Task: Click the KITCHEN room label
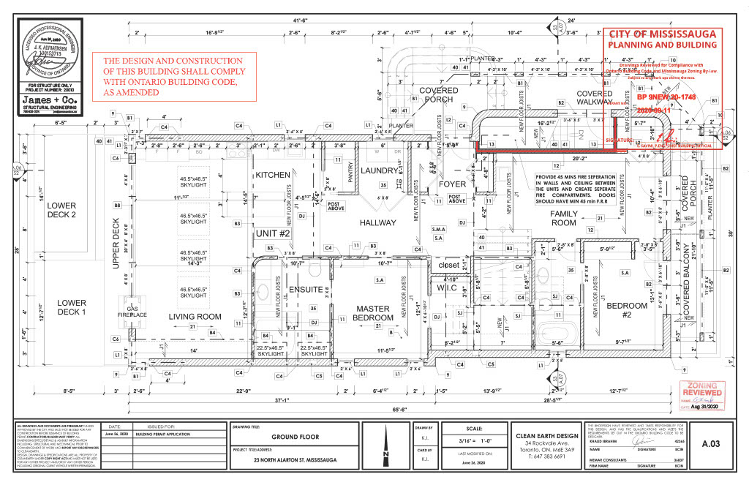[274, 176]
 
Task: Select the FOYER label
[453, 184]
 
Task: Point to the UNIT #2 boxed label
[274, 234]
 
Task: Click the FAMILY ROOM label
[564, 218]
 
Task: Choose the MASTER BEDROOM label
[374, 314]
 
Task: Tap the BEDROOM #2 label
[628, 310]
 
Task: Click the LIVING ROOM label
[195, 317]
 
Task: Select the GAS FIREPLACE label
[132, 312]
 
